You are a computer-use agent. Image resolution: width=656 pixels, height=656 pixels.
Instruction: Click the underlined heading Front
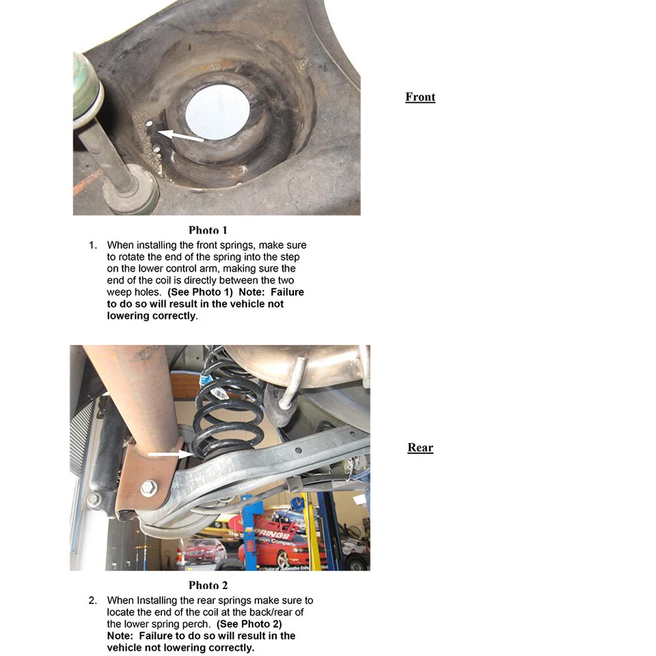point(420,97)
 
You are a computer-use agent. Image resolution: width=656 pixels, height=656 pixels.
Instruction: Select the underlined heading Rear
point(420,448)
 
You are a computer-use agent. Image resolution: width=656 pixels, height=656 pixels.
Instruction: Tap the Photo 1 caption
point(208,230)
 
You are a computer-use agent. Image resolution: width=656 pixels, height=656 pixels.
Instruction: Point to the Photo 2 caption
point(208,585)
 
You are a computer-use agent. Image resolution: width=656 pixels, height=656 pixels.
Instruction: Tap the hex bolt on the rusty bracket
point(148,489)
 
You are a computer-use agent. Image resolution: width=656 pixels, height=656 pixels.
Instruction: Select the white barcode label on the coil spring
point(217,394)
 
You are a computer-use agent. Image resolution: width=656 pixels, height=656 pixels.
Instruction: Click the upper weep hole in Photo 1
point(149,124)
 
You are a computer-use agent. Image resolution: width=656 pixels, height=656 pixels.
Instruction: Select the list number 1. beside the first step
point(94,245)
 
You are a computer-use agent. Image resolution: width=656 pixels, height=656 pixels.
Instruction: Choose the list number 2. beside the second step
point(94,601)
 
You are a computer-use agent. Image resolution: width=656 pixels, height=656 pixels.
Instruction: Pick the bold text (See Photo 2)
point(249,624)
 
